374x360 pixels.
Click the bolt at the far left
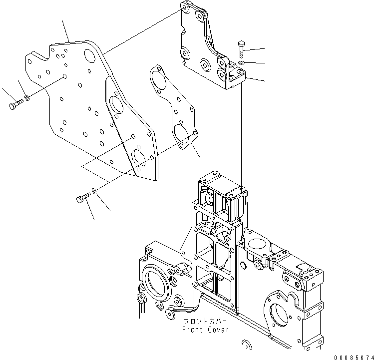pyautogui.click(x=14, y=105)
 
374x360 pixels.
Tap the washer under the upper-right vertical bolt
pyautogui.click(x=241, y=63)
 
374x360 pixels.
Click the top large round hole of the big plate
pyautogui.click(x=91, y=54)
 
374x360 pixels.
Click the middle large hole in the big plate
pyautogui.click(x=118, y=105)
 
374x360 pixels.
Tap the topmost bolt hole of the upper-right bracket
pyautogui.click(x=186, y=9)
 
